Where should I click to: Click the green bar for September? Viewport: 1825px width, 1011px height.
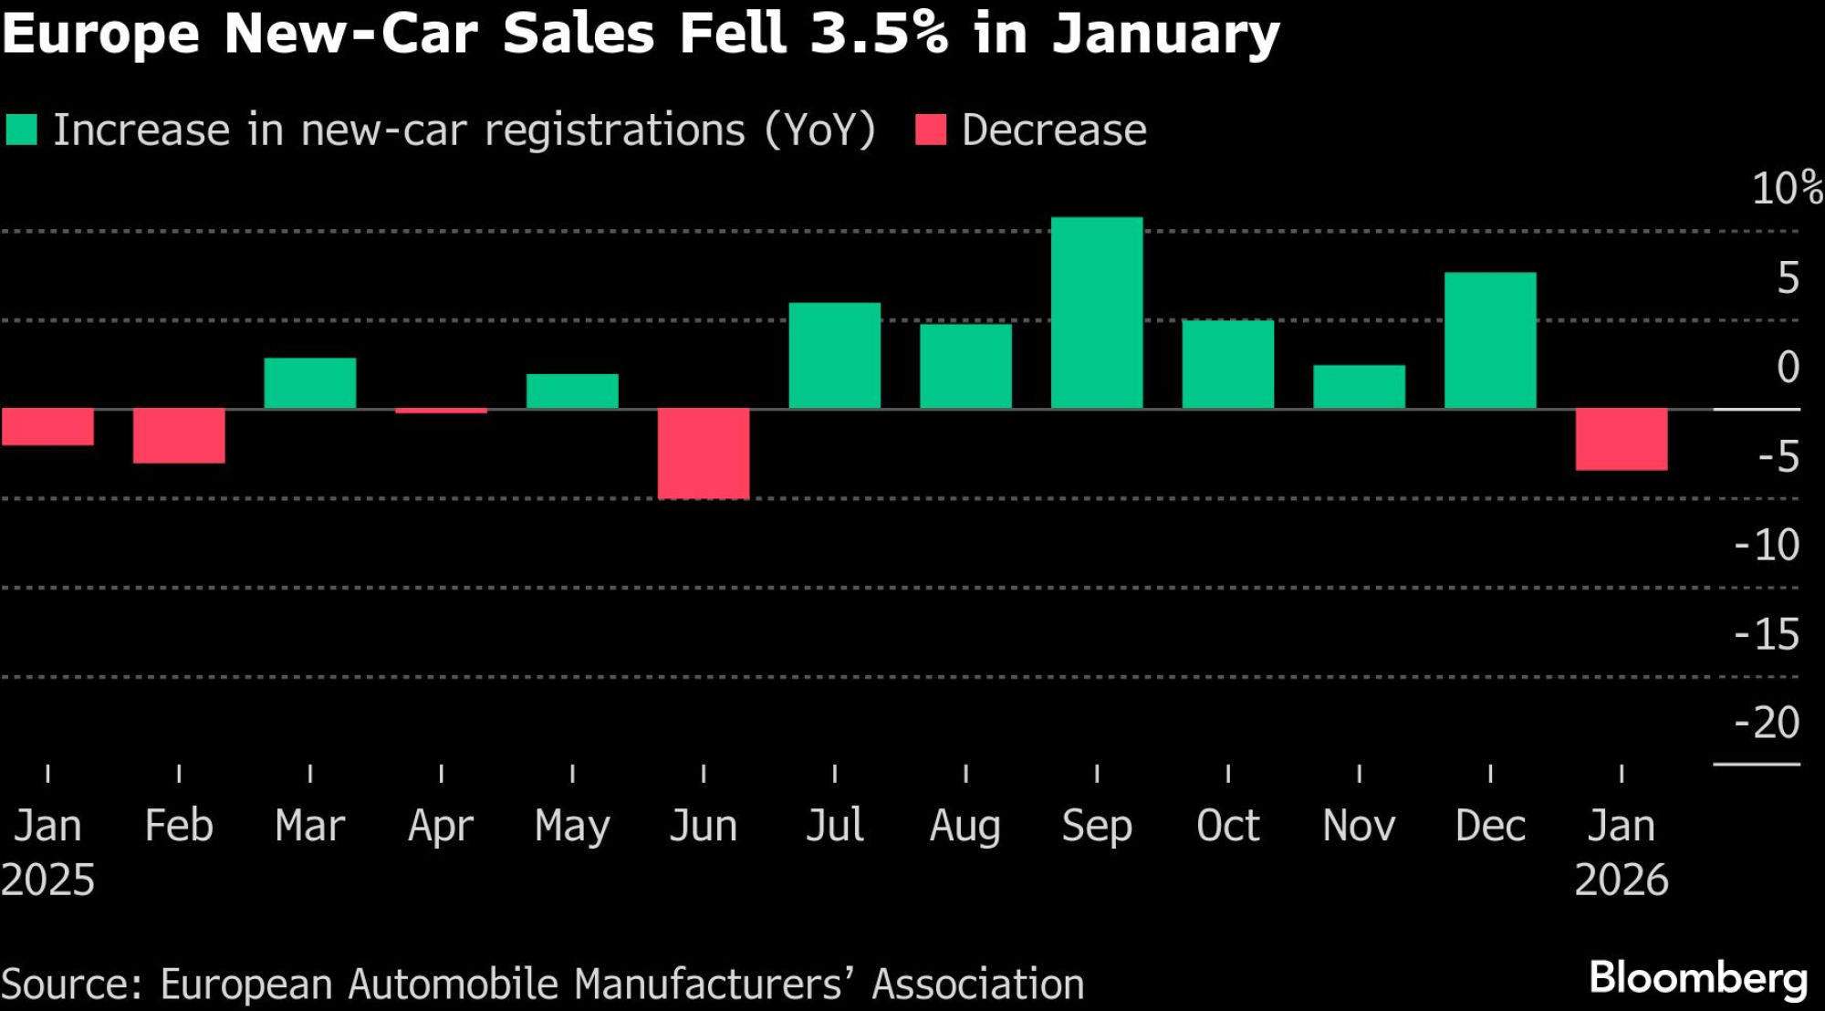1096,313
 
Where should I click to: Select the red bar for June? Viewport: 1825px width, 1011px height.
704,453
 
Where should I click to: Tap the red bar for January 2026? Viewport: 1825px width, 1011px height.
1622,439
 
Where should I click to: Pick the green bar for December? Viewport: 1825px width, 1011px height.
1490,340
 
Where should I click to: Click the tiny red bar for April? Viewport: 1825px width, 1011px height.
441,411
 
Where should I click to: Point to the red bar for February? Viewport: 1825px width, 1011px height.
179,435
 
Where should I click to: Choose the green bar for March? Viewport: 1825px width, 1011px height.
310,383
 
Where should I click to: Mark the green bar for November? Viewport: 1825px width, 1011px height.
1359,387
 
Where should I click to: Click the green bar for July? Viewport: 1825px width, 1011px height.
834,355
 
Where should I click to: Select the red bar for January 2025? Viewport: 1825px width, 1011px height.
47,426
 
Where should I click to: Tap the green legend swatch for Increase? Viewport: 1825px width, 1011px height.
22,130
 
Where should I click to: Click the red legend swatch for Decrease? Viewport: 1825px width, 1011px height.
931,130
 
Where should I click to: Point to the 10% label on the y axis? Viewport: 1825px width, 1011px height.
1787,189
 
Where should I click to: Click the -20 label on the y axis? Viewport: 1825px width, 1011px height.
1767,723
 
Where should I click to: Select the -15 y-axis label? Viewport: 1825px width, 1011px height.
1767,634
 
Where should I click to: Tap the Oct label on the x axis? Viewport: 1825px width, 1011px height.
1228,826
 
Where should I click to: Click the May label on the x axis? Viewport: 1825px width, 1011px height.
572,827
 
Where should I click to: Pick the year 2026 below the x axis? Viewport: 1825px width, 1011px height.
1622,881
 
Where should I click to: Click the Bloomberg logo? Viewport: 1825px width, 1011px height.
1698,978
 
